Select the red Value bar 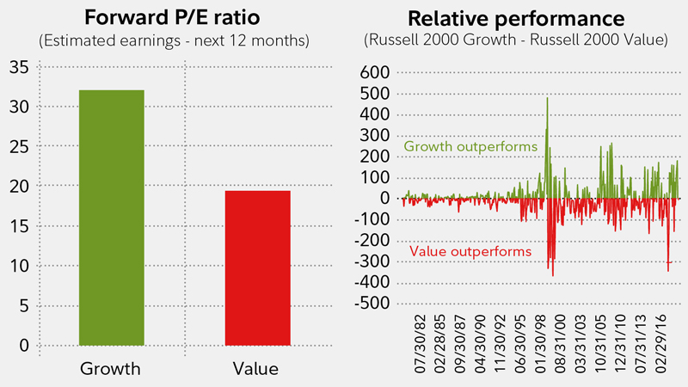coord(257,267)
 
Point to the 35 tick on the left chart coord(20,67)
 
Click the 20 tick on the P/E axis coord(20,187)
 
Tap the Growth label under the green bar coord(111,369)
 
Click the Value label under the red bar coord(257,369)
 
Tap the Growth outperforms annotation coord(470,147)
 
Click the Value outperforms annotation coord(470,251)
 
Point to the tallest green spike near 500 coord(547,100)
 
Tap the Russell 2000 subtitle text coord(517,40)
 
